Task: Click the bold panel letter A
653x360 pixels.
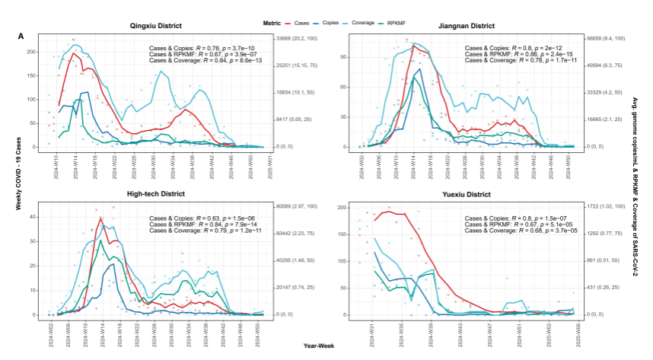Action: [x=21, y=36]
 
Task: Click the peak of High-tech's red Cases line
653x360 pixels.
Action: [x=100, y=219]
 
